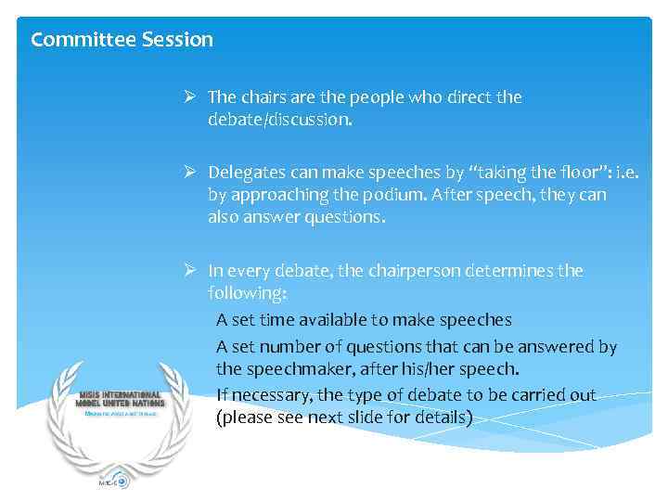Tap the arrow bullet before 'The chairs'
(x=188, y=96)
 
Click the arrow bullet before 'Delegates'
(x=188, y=171)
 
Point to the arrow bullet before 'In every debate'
(x=188, y=271)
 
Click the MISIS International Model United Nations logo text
(x=122, y=399)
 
